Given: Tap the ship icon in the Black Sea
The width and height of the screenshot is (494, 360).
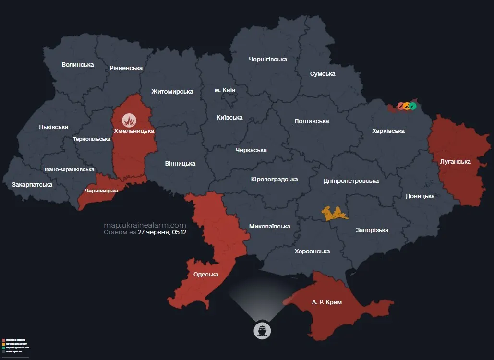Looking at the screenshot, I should [263, 330].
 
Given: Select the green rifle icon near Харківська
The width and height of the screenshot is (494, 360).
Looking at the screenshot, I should [413, 106].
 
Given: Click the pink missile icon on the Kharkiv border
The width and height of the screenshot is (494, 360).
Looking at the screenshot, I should [400, 106].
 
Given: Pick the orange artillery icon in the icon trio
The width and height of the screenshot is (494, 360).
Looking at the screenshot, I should [406, 106].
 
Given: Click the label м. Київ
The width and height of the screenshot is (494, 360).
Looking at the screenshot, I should [225, 90].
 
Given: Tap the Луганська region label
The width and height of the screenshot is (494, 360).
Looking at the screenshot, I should [455, 161].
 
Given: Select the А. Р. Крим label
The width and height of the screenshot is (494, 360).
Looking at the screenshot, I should [326, 302].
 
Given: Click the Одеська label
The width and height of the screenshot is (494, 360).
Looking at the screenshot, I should [205, 275].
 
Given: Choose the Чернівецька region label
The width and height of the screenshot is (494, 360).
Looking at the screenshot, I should [101, 191].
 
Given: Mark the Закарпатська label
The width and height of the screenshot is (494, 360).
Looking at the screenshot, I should [32, 184].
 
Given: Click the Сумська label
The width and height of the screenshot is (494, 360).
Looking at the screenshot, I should [323, 74].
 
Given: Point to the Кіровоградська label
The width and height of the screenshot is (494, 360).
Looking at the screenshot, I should [274, 180].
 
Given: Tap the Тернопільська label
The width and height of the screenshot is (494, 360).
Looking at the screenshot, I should [92, 139].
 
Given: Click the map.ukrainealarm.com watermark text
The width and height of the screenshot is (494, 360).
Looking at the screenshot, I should [145, 225].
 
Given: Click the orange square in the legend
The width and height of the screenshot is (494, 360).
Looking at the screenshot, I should [3, 344].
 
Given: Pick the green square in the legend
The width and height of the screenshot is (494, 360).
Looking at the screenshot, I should [3, 348].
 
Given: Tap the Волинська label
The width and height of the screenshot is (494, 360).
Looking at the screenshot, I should [78, 64].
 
